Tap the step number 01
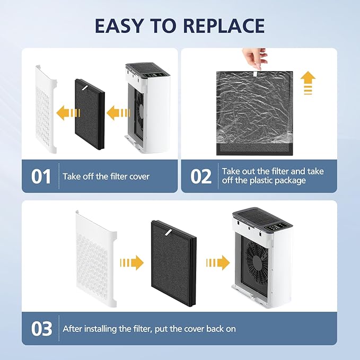(x=41, y=177)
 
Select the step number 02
(x=201, y=177)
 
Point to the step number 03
(x=41, y=329)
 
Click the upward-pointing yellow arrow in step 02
(x=308, y=84)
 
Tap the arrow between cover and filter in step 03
(x=132, y=262)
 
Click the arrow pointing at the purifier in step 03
(x=217, y=262)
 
